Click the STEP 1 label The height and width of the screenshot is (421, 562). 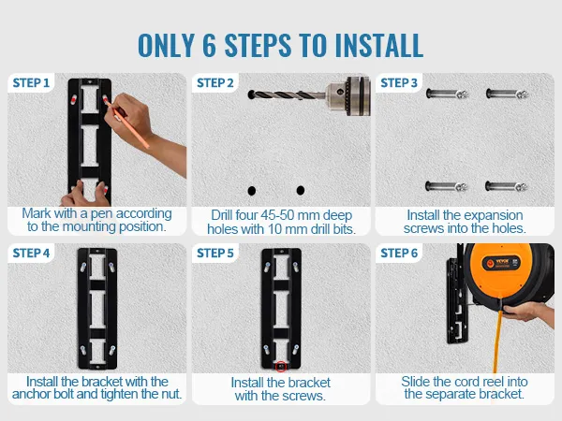[x=31, y=83]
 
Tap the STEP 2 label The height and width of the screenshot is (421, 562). [x=215, y=83]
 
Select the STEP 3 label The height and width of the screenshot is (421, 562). [x=399, y=83]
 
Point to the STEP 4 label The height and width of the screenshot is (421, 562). [x=31, y=254]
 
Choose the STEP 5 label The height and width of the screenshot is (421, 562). [x=215, y=254]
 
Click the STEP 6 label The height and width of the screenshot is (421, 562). [x=399, y=254]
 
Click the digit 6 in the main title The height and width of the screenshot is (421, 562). [x=209, y=46]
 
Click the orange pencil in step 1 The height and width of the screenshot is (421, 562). [x=126, y=123]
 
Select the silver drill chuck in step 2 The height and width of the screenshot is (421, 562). [x=348, y=95]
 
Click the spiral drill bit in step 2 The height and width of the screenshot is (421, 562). [x=287, y=95]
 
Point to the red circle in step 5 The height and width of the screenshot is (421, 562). [x=281, y=367]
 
